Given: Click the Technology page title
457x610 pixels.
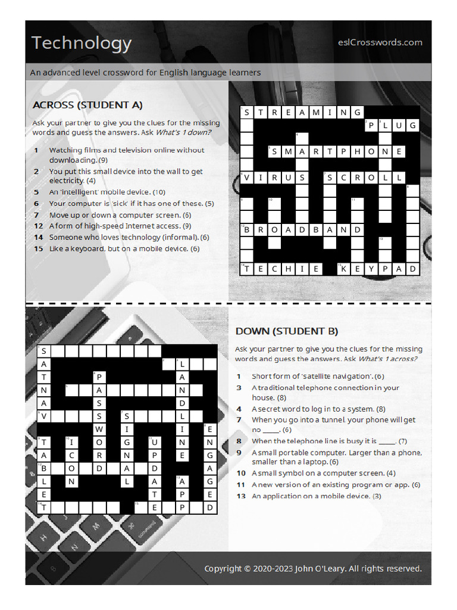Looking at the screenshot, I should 82,43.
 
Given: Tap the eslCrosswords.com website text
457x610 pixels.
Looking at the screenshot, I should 380,42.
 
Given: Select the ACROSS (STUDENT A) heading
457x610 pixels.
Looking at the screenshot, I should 87,105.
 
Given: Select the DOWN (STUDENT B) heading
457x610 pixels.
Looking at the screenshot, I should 287,331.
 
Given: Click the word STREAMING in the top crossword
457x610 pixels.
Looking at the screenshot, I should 301,112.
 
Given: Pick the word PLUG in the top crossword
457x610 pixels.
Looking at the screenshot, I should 392,125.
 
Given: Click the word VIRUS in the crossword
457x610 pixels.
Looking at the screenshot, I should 274,178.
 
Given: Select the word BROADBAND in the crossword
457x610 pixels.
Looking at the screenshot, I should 301,229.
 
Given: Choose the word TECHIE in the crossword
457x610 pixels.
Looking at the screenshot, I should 281,269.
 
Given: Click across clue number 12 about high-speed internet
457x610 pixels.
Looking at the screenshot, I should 120,226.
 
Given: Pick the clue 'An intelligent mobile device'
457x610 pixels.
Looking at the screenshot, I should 107,192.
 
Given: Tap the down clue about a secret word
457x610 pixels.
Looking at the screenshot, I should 318,409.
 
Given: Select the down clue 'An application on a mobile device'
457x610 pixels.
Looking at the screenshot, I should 316,496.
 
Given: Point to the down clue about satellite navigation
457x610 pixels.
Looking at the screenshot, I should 318,376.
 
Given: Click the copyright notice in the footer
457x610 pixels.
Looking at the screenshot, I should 313,568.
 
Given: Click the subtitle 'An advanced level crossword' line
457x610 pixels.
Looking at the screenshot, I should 146,73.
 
